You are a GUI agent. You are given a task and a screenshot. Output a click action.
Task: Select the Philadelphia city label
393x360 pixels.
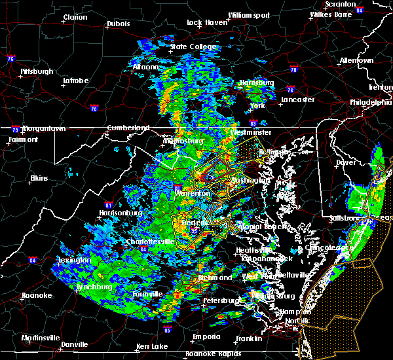click(371, 102)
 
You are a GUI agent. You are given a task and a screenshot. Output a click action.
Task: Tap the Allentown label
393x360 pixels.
click(356, 60)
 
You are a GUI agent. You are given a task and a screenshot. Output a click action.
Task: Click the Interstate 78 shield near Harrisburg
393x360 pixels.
click(293, 69)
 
